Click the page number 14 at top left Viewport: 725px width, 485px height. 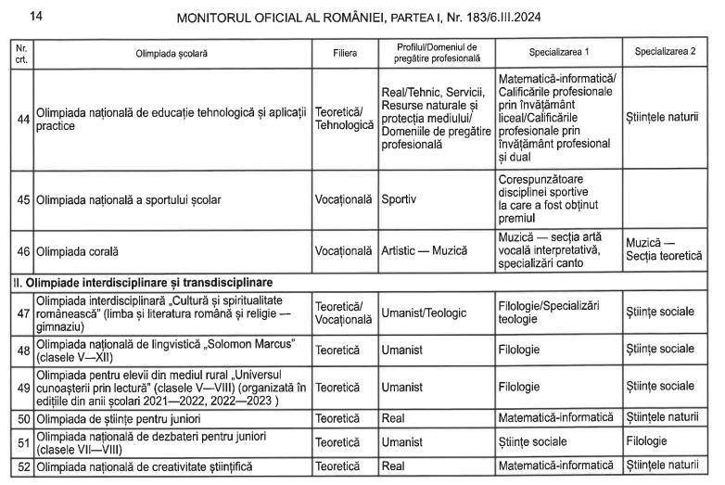pyautogui.click(x=36, y=16)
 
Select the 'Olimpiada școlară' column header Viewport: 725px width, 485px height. pyautogui.click(x=172, y=53)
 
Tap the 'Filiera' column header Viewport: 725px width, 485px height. pyautogui.click(x=344, y=53)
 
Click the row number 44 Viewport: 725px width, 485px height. pyautogui.click(x=24, y=119)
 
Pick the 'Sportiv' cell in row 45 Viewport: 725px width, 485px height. pyautogui.click(x=399, y=199)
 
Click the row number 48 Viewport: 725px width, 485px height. pyautogui.click(x=24, y=349)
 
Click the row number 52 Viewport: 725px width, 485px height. pyautogui.click(x=24, y=467)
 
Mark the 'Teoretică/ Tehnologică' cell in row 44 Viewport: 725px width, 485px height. pyautogui.click(x=344, y=119)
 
